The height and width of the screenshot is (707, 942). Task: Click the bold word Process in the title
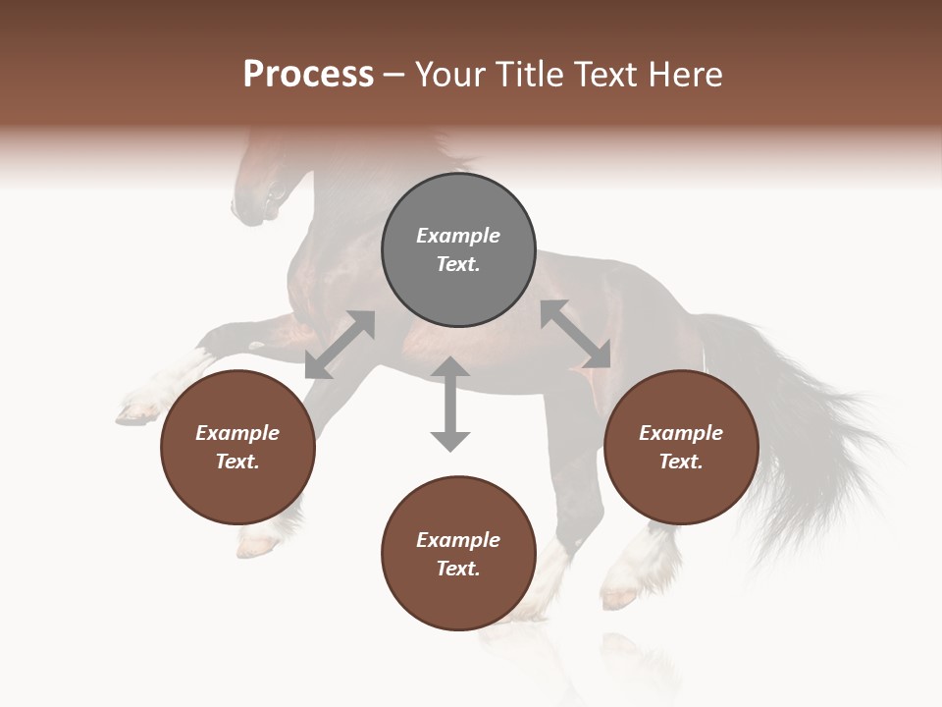pos(308,75)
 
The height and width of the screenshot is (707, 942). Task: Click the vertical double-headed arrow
pos(450,404)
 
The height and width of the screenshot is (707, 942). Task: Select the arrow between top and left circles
pos(340,345)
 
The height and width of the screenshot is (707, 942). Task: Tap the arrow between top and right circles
pos(575,334)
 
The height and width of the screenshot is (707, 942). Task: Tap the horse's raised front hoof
pos(137,410)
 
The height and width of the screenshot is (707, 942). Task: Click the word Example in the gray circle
pos(458,236)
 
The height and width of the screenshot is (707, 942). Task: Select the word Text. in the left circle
pos(237,462)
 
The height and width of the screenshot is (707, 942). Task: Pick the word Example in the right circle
pos(681,433)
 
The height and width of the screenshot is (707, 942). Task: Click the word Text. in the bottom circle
pos(458,569)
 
